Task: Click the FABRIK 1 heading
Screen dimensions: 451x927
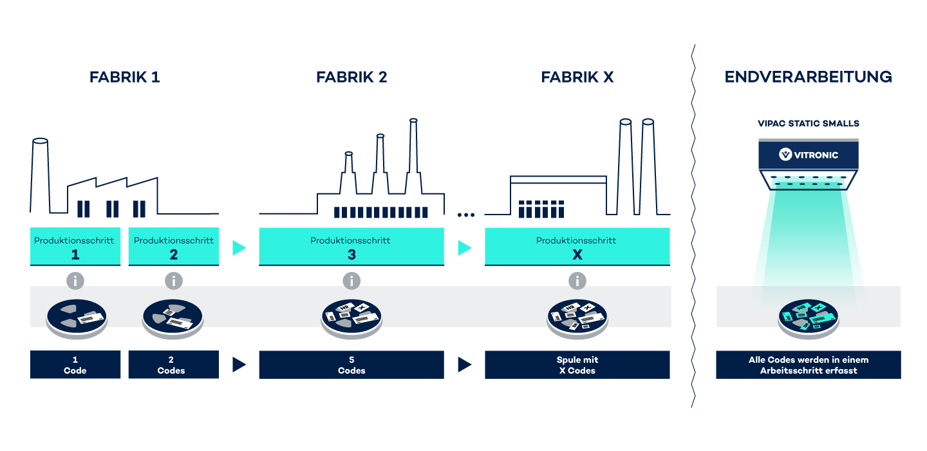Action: pos(124,77)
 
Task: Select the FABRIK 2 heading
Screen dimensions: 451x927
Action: pos(351,77)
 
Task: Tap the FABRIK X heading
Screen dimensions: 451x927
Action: pos(577,77)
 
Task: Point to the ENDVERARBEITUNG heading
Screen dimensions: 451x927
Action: pos(808,77)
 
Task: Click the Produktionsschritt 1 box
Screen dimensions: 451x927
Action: pos(75,246)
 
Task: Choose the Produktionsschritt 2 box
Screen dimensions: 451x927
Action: pos(173,246)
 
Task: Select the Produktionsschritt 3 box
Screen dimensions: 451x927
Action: pos(351,246)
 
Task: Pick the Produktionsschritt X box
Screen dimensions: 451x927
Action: pos(577,246)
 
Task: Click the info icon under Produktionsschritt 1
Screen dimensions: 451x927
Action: pos(76,281)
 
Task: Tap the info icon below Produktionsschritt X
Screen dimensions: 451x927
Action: pos(577,281)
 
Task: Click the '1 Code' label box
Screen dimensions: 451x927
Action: pos(75,365)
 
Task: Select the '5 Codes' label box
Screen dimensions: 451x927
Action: pos(351,365)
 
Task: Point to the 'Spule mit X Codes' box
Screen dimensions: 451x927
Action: pos(577,365)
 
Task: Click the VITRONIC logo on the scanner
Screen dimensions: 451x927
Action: pos(808,155)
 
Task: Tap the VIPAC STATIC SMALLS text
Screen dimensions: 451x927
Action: pos(808,124)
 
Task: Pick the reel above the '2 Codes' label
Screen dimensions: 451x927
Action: pos(173,316)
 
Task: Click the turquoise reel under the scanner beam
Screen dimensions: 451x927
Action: pos(809,316)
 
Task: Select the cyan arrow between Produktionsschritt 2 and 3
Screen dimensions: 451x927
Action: pos(239,247)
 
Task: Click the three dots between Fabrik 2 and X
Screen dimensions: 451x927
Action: pos(466,215)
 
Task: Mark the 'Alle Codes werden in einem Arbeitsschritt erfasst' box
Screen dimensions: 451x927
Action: pos(808,365)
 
